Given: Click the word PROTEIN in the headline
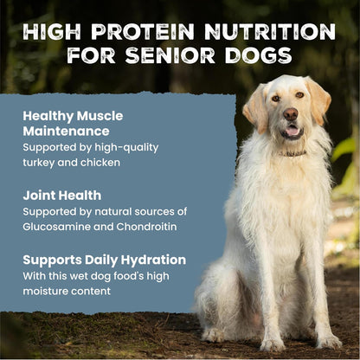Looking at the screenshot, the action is tap(143, 31).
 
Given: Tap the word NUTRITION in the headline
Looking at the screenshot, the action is tap(270, 31).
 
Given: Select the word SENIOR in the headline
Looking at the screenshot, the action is tap(170, 55).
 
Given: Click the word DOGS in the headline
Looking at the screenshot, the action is tap(259, 55).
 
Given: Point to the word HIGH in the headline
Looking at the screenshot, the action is tap(52, 31).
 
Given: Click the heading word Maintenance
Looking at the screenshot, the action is tap(66, 132).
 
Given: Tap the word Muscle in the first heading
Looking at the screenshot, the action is tap(100, 116).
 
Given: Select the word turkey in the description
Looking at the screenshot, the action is tap(39, 163).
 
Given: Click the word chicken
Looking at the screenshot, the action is tap(100, 163).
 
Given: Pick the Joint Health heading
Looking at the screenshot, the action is tap(62, 196).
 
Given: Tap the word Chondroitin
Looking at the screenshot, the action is tap(146, 227).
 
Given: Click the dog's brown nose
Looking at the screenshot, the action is tap(291, 114).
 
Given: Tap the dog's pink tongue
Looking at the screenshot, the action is tap(292, 131).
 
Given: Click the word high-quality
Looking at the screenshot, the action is tap(126, 148).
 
